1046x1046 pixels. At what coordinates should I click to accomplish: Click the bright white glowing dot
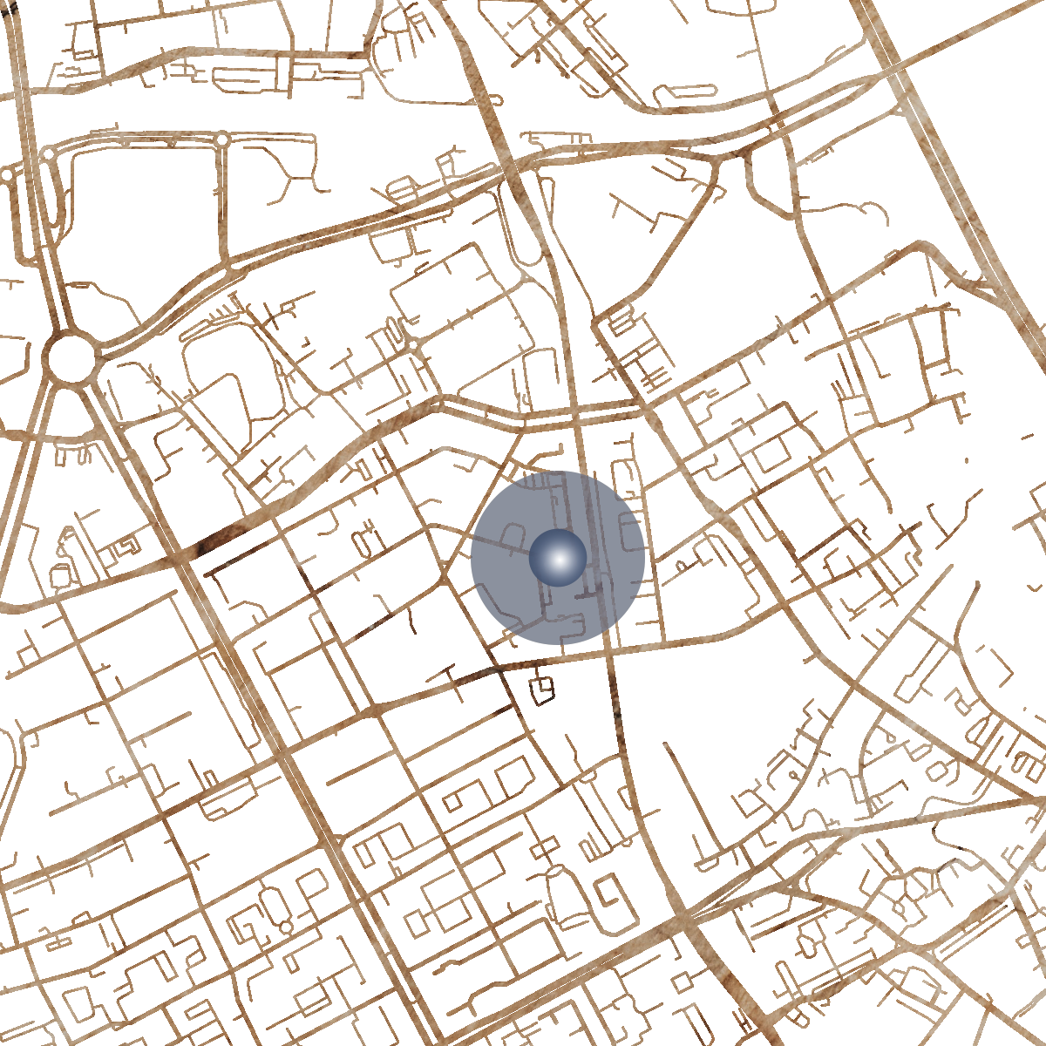558,558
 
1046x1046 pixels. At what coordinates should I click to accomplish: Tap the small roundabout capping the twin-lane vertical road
222,139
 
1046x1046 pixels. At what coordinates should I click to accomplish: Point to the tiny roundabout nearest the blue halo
413,345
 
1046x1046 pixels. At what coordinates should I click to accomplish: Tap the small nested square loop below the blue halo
543,689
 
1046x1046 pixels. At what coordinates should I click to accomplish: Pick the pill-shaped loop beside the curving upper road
404,187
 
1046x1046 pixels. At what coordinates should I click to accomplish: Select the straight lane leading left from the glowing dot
501,544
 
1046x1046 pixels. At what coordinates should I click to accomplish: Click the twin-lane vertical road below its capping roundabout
223,200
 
